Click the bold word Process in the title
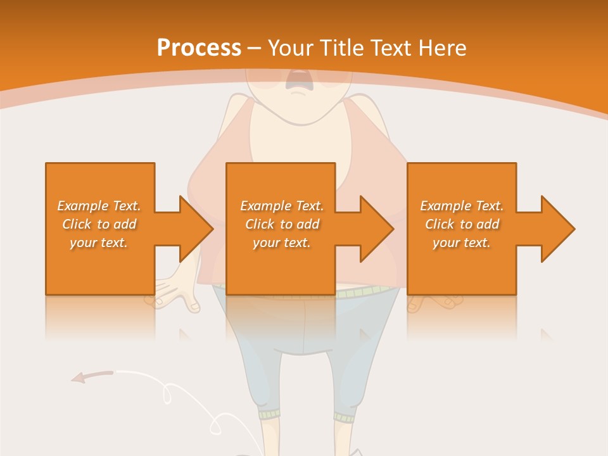199,48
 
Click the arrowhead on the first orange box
194,229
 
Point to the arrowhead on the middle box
375,229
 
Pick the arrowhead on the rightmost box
556,229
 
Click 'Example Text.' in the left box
99,206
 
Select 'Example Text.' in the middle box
282,206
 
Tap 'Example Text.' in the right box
462,206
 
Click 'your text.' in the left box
99,243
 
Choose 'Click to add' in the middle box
282,224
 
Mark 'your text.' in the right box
462,243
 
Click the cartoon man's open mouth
296,79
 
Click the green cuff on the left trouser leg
269,414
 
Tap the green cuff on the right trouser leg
346,417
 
